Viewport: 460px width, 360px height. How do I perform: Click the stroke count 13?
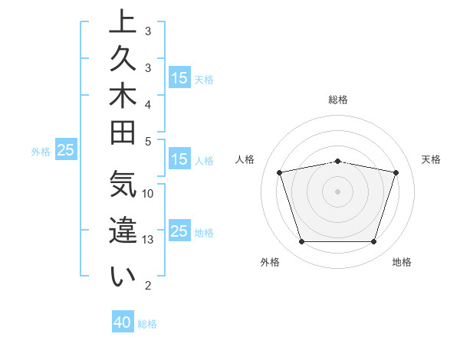coord(148,240)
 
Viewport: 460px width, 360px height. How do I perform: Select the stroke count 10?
coord(148,194)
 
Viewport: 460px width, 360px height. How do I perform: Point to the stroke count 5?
coord(148,141)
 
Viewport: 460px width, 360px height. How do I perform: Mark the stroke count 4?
coord(148,104)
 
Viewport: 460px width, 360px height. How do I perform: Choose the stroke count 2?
coord(148,286)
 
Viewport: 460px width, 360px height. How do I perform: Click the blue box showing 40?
coord(123,322)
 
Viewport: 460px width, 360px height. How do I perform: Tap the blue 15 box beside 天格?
coord(179,78)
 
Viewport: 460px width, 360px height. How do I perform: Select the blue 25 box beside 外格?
coord(65,150)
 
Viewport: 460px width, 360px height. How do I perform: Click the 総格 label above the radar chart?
coord(338,100)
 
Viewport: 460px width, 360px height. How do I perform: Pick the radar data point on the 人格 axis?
coord(280,172)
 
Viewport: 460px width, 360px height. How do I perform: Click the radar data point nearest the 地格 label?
coord(373,242)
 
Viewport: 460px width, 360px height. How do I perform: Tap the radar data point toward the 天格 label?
coord(396,172)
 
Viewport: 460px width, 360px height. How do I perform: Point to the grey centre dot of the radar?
coord(338,191)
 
